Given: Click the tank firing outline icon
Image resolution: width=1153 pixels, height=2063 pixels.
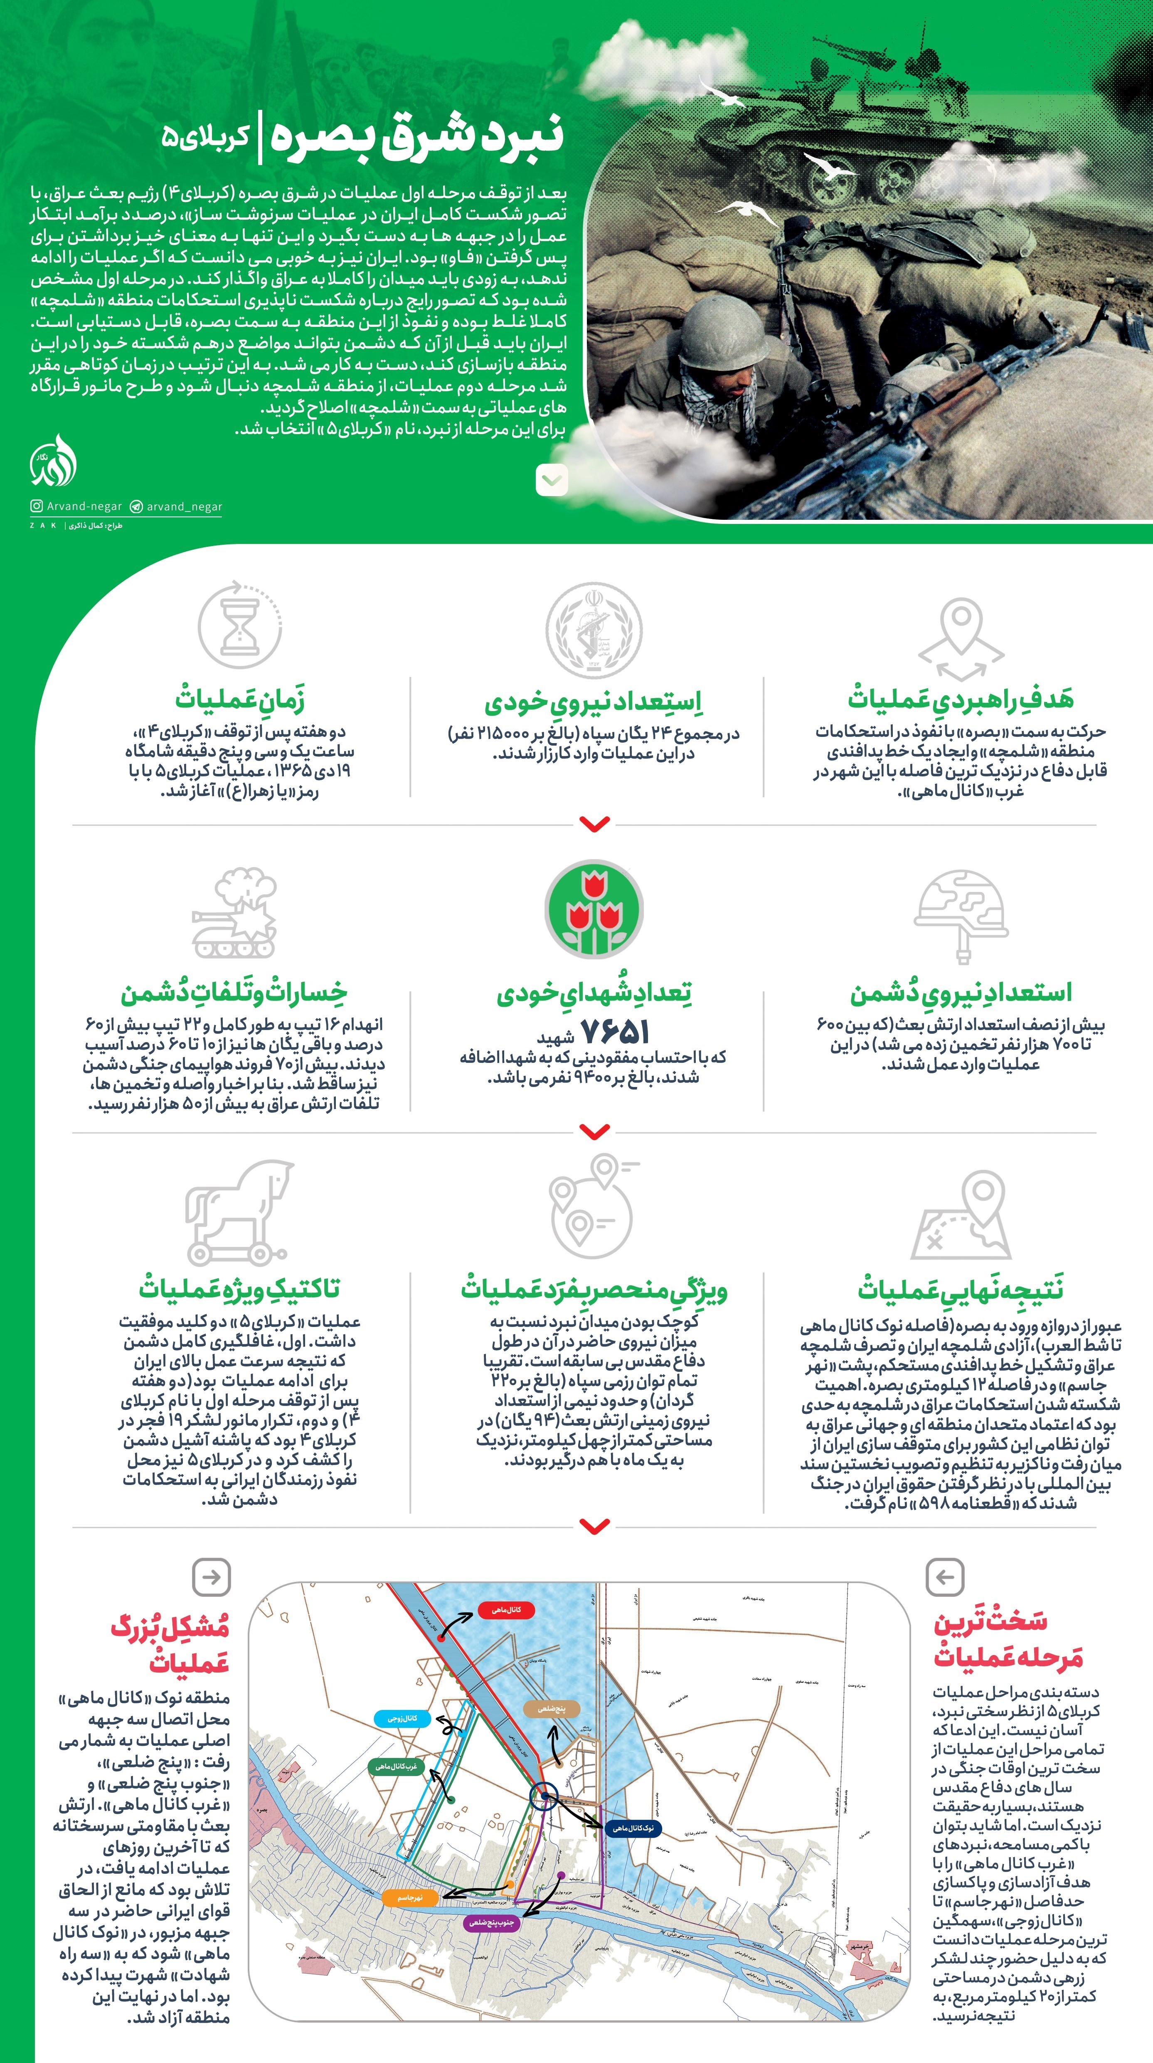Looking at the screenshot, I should (x=234, y=913).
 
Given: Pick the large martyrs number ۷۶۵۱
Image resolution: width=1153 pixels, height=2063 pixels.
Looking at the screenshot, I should (x=614, y=1031).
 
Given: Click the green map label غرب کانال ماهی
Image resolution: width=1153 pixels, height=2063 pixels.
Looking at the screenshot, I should (x=396, y=1766).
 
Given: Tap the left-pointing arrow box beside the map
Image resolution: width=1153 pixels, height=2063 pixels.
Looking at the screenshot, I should (x=944, y=1577).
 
